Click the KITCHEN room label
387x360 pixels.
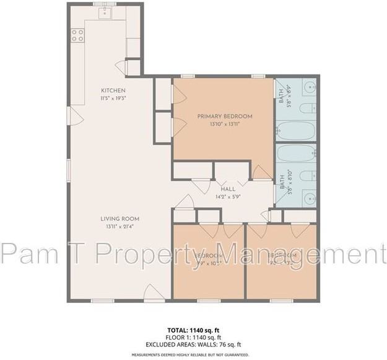click(113, 90)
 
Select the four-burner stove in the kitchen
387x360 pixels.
click(77, 35)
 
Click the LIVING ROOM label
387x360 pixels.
click(120, 219)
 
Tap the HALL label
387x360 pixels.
click(227, 190)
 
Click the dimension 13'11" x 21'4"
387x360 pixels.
click(120, 226)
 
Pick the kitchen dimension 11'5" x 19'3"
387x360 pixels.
click(113, 98)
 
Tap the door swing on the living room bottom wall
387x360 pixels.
click(154, 294)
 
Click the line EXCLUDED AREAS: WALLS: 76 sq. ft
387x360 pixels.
click(194, 344)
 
